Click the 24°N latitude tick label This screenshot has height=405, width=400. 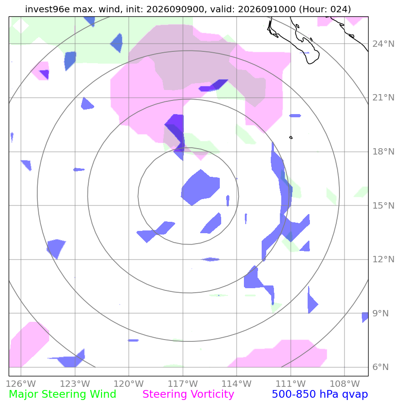[383, 44]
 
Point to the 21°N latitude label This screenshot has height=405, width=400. [383, 98]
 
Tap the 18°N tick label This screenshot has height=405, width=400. [383, 152]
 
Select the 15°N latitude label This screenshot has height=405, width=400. [383, 205]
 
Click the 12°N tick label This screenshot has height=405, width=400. [383, 260]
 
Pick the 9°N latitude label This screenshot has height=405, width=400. [380, 313]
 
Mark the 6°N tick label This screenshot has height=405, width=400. [380, 367]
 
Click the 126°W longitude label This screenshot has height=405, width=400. [20, 384]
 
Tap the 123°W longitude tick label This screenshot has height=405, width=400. [75, 384]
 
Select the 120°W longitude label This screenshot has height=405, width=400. [128, 384]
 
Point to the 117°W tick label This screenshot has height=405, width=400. [183, 384]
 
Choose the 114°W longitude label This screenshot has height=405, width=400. [237, 384]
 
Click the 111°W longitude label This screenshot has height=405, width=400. [291, 384]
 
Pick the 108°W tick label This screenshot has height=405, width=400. [344, 384]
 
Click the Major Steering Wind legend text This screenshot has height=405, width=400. [62, 395]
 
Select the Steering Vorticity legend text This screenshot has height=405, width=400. [188, 395]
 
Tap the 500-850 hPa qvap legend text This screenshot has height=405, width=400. [320, 395]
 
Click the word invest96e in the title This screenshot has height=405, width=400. [48, 9]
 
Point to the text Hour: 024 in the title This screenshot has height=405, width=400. [325, 9]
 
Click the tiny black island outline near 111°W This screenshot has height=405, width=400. [291, 137]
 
